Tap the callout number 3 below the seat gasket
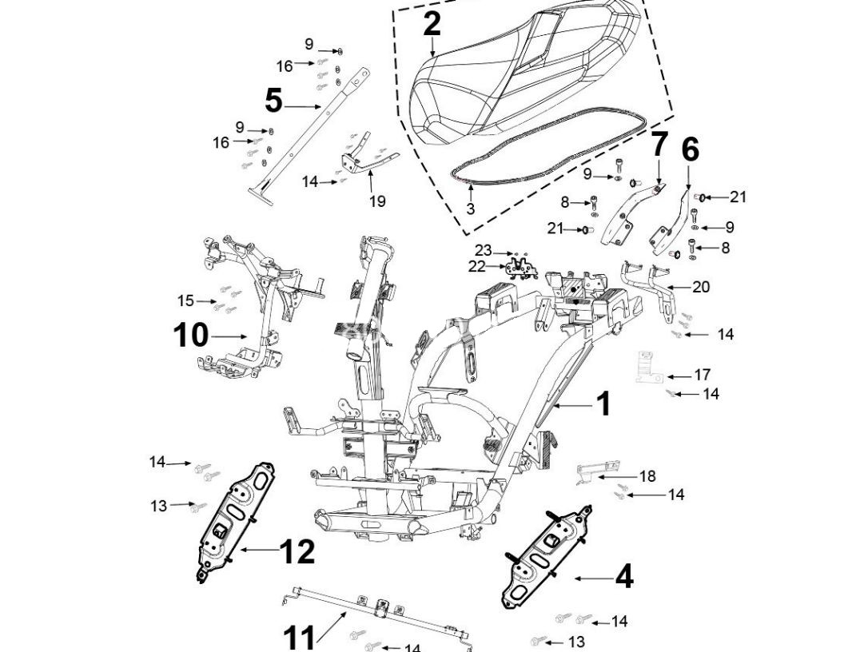[x=470, y=209]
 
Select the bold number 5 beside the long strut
[x=273, y=101]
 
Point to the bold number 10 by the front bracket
[x=190, y=336]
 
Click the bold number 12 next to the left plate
[x=297, y=551]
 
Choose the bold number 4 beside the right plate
[x=623, y=577]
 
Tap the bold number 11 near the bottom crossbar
[x=300, y=638]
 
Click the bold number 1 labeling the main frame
[x=603, y=404]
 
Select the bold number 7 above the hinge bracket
[x=659, y=145]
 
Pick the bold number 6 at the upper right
[x=690, y=149]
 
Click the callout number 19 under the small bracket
[x=376, y=201]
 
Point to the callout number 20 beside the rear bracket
[x=700, y=287]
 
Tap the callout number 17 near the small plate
[x=702, y=375]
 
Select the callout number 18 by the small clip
[x=647, y=476]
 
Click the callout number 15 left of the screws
[x=185, y=300]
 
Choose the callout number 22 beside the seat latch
[x=476, y=266]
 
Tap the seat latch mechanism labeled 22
[x=521, y=268]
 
